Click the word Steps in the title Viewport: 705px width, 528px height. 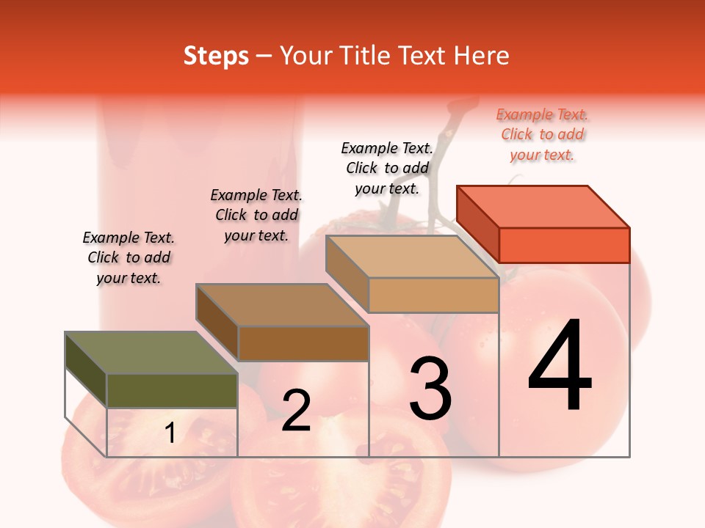[216, 56]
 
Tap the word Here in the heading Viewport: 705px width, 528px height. [483, 56]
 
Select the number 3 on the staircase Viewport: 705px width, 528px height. [430, 389]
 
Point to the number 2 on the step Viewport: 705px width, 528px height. [296, 411]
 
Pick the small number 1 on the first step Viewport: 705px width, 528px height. [170, 433]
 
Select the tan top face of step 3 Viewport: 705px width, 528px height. [412, 257]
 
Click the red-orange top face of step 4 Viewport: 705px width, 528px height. [543, 207]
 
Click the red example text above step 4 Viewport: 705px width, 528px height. [542, 135]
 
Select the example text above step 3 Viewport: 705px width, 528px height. [387, 168]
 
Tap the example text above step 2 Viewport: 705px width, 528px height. [256, 215]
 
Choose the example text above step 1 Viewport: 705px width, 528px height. [129, 257]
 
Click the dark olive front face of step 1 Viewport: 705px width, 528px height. [172, 390]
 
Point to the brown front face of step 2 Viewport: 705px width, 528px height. [303, 343]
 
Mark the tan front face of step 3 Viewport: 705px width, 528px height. [433, 295]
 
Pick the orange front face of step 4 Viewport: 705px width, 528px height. [564, 245]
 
